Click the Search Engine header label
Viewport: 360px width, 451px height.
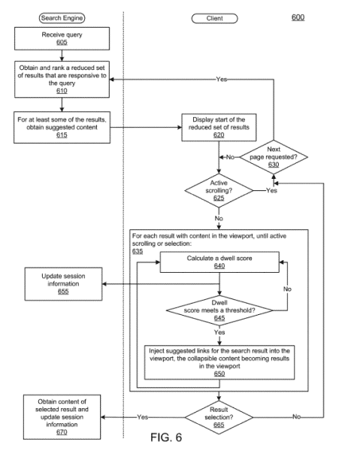(x=62, y=18)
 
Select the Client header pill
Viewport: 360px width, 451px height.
(x=214, y=18)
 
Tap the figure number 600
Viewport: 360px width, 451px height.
(x=298, y=17)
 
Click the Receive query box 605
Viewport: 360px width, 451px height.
(x=62, y=38)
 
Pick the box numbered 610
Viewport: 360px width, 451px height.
(x=62, y=79)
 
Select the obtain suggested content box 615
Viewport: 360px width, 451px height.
(x=62, y=128)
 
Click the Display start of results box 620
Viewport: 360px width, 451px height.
(x=219, y=128)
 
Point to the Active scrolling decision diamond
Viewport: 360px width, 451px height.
(x=219, y=190)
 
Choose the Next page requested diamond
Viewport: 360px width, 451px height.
(x=274, y=157)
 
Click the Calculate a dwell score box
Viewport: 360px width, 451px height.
(x=219, y=262)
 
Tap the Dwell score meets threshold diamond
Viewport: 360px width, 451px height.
(x=219, y=310)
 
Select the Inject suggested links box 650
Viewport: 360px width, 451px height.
(x=219, y=362)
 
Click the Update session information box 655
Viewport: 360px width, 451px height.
(x=63, y=284)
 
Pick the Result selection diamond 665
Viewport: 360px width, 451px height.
(x=219, y=417)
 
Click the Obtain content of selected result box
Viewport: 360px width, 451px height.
(x=62, y=416)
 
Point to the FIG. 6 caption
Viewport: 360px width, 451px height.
(x=166, y=437)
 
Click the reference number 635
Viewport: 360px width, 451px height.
(x=138, y=251)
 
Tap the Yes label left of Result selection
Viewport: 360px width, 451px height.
(x=142, y=417)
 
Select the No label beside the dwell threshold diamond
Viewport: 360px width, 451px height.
(x=287, y=289)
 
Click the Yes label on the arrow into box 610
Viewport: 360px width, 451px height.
(x=222, y=79)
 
